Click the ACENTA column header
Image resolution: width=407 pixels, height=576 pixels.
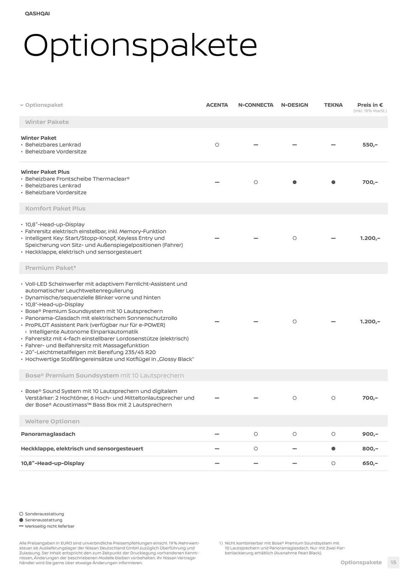[x=217, y=105]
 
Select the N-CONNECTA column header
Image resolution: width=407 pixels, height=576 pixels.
[x=256, y=105]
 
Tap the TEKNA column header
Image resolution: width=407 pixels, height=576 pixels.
[x=333, y=105]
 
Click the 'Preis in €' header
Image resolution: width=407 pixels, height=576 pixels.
[x=370, y=105]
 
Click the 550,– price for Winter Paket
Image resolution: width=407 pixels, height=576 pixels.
[x=370, y=145]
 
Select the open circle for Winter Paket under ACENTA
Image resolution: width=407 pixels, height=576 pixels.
[x=217, y=145]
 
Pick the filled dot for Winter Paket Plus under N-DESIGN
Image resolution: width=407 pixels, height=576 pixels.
[x=294, y=182]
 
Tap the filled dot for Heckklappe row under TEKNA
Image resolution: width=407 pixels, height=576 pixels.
[x=333, y=449]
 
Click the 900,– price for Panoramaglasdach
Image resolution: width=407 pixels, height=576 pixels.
[x=370, y=434]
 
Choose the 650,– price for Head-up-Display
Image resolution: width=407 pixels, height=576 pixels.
[x=370, y=463]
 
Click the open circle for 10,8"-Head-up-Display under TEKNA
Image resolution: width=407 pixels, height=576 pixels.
[x=333, y=463]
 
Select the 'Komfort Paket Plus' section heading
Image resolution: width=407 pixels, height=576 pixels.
[x=55, y=209]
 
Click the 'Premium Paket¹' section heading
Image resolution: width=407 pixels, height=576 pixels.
[x=50, y=268]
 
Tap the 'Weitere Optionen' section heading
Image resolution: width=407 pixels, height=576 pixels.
[x=52, y=421]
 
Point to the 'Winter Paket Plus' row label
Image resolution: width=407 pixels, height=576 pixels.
[x=45, y=172]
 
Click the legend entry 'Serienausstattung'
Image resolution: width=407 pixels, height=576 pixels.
[x=43, y=520]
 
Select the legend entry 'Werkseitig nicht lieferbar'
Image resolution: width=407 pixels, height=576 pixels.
[x=50, y=526]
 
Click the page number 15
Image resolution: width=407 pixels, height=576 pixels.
[x=393, y=562]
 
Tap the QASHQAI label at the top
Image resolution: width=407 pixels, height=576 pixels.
[x=37, y=14]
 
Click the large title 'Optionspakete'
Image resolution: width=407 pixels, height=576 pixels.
[x=140, y=46]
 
